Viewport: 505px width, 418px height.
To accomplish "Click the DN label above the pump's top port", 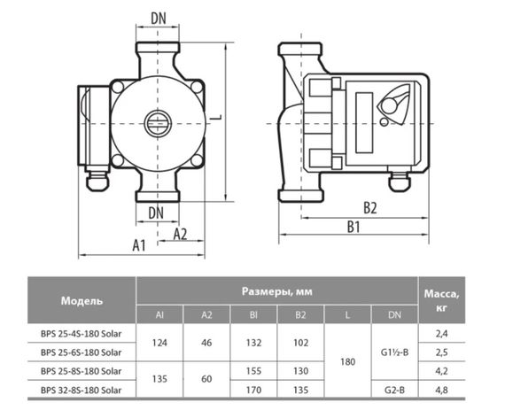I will [158, 18].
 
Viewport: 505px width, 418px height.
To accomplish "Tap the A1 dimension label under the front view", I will [137, 245].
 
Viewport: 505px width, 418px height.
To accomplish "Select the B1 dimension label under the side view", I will [353, 227].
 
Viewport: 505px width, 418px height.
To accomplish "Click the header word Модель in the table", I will [82, 300].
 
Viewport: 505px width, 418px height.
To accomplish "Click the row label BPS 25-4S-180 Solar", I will [82, 333].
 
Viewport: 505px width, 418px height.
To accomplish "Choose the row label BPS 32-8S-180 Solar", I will [82, 389].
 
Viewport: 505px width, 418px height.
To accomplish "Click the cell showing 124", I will [159, 342].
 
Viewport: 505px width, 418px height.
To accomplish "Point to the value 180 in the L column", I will [348, 361].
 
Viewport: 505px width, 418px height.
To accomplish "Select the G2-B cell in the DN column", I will [396, 389].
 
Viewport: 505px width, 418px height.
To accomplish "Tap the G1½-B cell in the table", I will [396, 352].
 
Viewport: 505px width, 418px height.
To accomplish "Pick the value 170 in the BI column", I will [253, 389].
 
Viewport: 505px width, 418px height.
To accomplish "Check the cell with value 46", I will [206, 342].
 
